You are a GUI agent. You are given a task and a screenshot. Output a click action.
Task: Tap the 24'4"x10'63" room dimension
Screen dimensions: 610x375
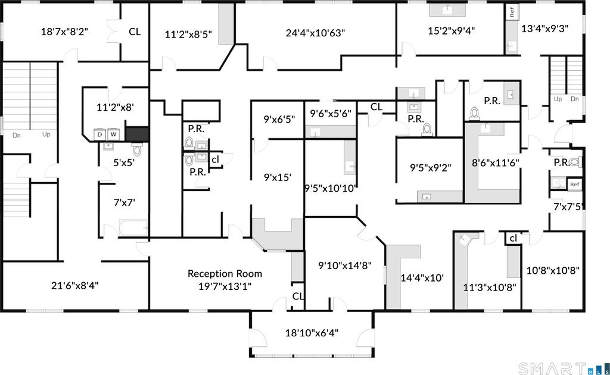point(315,33)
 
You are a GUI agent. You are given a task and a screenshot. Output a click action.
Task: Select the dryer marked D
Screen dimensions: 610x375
point(100,135)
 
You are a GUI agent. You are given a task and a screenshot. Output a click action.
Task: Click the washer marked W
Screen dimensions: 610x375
point(114,135)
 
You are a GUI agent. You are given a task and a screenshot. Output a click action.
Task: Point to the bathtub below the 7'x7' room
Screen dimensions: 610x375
point(133,228)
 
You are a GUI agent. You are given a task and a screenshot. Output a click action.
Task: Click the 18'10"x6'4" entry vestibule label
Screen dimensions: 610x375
point(312,333)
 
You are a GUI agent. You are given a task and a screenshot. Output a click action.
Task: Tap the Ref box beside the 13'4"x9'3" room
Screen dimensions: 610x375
point(512,12)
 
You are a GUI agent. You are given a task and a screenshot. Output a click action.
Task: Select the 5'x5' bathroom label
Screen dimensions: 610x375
point(124,162)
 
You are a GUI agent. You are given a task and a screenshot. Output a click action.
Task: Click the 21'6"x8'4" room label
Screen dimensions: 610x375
point(74,286)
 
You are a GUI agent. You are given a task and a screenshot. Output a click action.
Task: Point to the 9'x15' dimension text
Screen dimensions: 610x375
point(278,177)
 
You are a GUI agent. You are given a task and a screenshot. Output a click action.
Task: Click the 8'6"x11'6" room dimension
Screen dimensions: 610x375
point(495,163)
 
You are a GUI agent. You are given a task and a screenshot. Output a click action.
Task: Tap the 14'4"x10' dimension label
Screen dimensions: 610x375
point(422,278)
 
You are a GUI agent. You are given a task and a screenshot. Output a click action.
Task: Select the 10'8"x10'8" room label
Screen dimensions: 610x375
point(553,270)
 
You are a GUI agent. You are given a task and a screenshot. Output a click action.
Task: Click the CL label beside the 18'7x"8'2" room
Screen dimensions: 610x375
point(135,32)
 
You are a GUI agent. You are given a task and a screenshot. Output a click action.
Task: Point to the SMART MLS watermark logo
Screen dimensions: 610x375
point(564,368)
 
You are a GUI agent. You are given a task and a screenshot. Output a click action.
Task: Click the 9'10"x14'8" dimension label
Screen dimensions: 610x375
point(345,266)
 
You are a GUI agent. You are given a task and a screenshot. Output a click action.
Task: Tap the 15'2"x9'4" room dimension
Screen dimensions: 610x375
point(452,31)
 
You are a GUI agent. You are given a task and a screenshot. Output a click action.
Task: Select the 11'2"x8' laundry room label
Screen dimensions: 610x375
point(115,107)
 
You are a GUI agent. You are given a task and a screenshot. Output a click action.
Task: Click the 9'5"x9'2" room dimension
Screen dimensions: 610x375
point(430,168)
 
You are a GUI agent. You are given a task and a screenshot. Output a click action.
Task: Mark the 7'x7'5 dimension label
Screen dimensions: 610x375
point(568,207)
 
